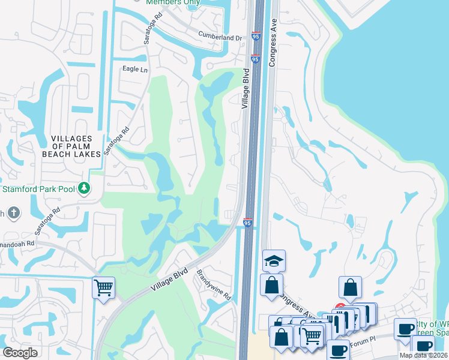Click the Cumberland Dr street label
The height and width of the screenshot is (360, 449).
[x=220, y=38]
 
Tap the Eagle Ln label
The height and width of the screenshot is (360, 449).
[x=135, y=70]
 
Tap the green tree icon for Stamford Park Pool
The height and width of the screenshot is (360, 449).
[x=85, y=189]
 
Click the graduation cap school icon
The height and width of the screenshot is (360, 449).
[x=274, y=260]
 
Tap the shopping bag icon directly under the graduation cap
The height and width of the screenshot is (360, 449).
[x=272, y=284]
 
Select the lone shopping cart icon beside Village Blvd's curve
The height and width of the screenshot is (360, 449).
[x=103, y=287]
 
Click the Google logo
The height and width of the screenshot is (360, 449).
[x=20, y=353]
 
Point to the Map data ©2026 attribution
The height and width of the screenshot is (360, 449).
[x=423, y=355]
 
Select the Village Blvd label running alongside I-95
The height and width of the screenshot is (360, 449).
[x=245, y=89]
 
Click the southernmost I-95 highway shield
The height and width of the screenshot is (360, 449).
[x=247, y=223]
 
